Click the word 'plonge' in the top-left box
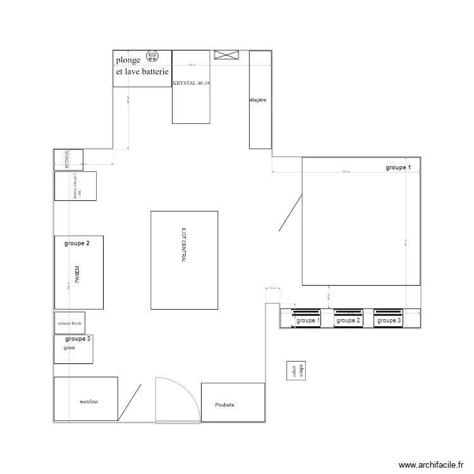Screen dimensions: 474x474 [128, 61]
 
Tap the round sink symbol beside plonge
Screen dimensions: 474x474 [152, 56]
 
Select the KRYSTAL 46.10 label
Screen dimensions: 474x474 [191, 83]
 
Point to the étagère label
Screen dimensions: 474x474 [258, 100]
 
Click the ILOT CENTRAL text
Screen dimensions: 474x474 [184, 260]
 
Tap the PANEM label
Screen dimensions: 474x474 [78, 273]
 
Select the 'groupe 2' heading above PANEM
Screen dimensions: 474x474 [77, 243]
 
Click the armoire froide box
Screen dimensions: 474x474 [70, 323]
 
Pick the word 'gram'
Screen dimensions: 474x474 [70, 348]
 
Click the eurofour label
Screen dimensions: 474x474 [89, 401]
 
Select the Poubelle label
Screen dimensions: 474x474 [224, 404]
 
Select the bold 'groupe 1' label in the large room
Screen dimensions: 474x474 [399, 167]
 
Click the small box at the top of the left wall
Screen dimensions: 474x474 [68, 159]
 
